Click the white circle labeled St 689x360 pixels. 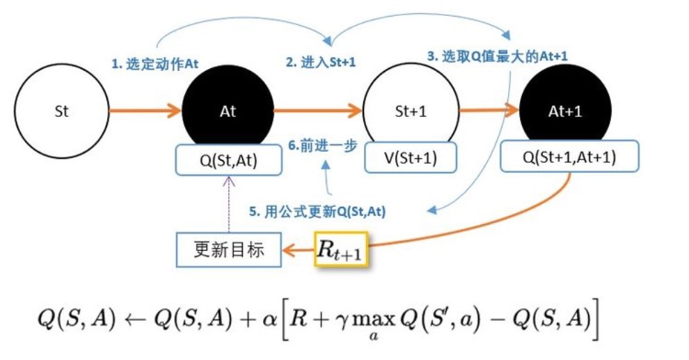click(61, 111)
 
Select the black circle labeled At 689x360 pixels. click(228, 111)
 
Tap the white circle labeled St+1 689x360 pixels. click(411, 111)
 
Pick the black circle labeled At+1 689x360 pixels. click(565, 111)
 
